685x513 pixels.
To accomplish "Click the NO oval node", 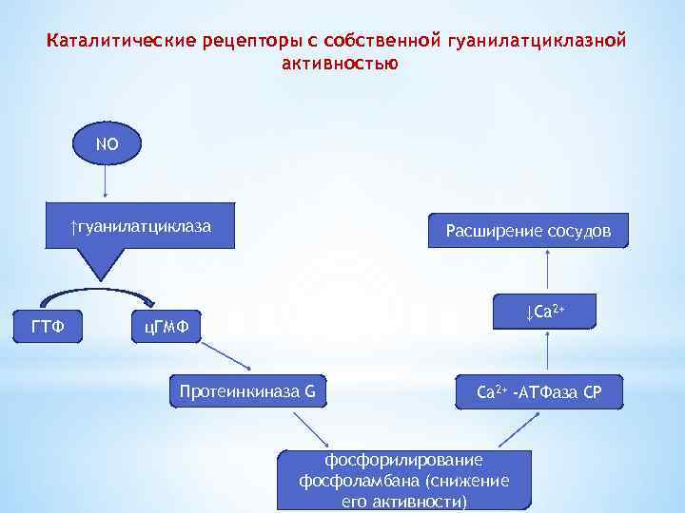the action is (x=105, y=145).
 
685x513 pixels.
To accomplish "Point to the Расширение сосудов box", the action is (x=528, y=231).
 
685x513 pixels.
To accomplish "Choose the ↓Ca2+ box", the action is (x=546, y=312).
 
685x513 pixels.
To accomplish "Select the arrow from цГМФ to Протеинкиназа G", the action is (x=225, y=354).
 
